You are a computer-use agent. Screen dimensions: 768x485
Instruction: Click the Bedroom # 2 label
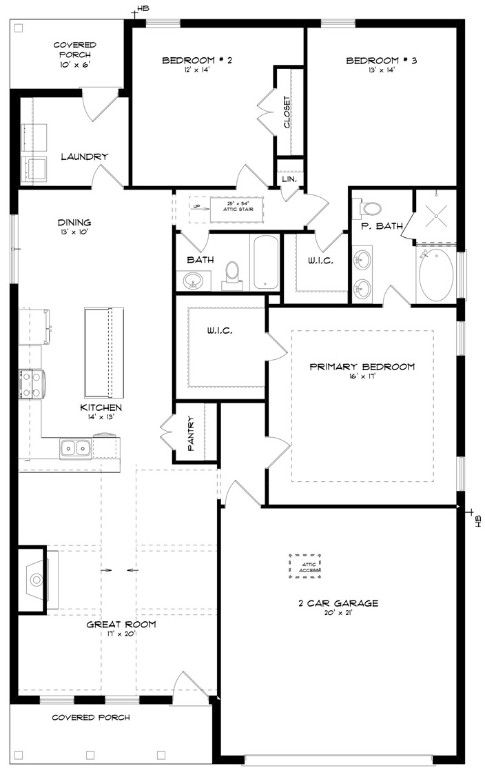point(197,60)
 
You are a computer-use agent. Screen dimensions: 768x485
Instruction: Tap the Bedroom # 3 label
point(381,60)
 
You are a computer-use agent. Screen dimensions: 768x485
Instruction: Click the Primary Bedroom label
point(361,367)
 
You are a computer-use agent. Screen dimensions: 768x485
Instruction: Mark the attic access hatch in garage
point(305,567)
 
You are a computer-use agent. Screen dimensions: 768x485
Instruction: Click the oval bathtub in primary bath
point(435,276)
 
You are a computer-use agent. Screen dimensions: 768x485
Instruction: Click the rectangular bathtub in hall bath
point(264,262)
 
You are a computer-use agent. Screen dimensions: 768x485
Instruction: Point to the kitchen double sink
point(75,447)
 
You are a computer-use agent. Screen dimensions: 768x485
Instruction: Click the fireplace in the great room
point(35,577)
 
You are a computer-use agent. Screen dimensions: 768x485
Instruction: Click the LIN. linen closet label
point(289,178)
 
